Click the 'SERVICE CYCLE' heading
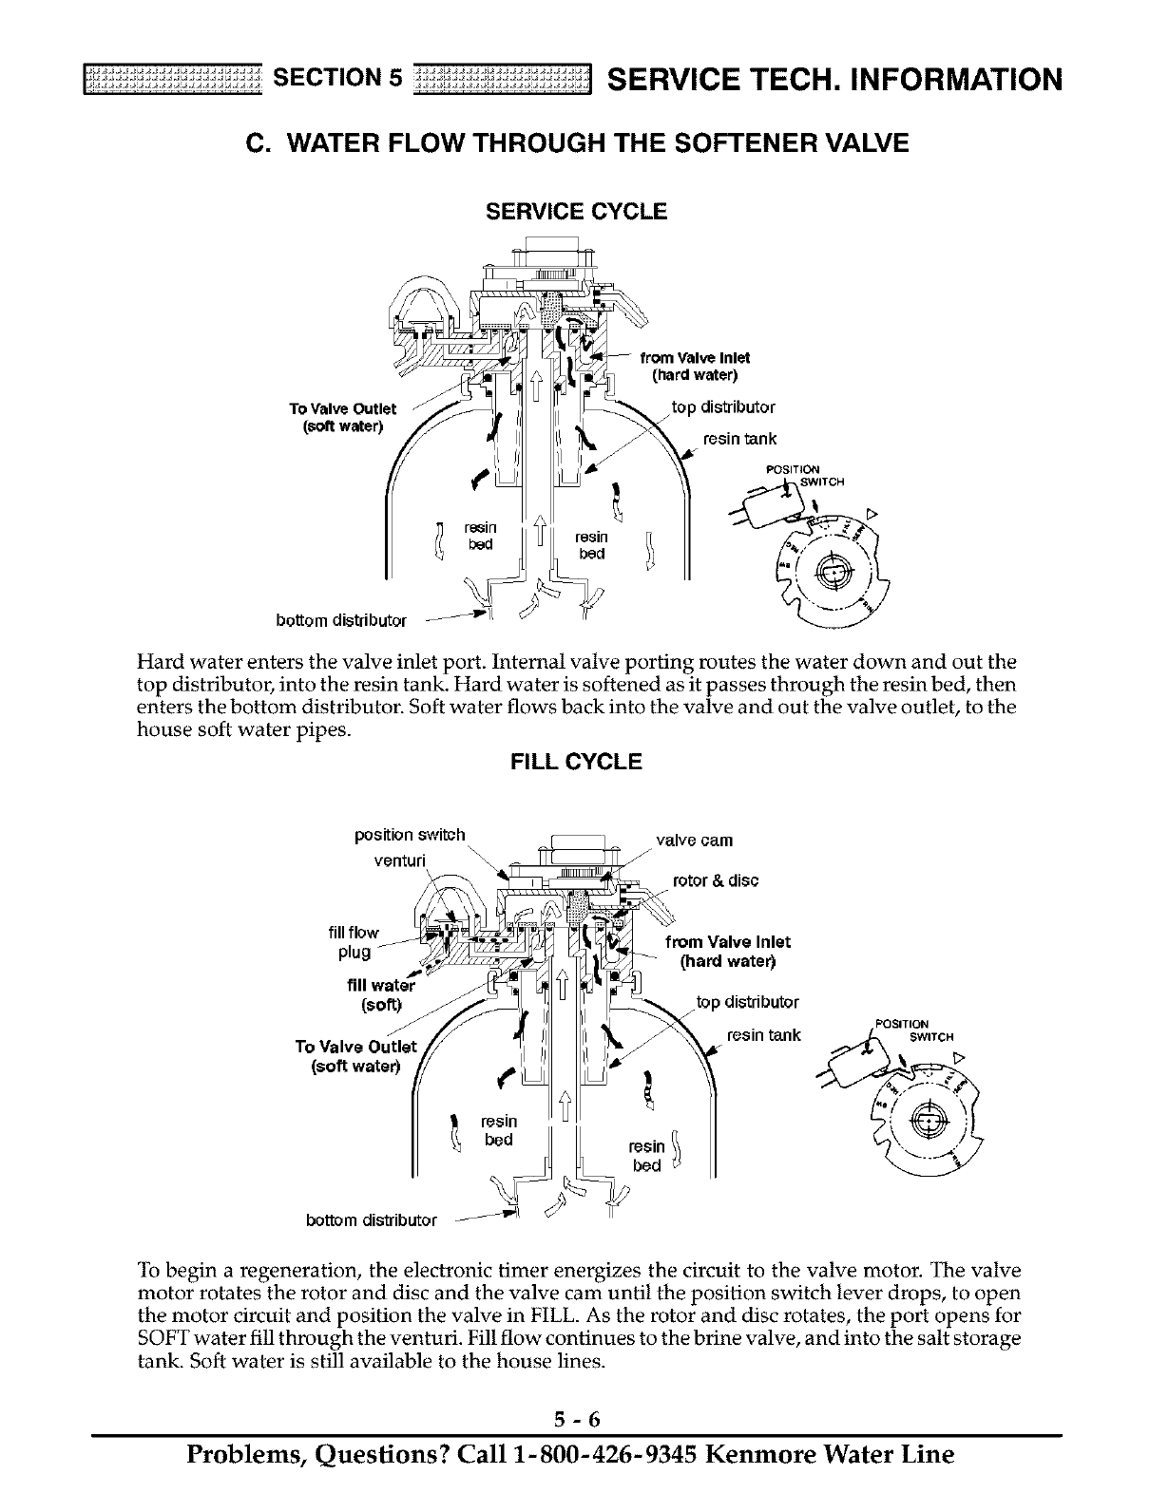[576, 212]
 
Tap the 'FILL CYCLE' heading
[576, 762]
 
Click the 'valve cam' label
[695, 841]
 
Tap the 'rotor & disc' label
[715, 880]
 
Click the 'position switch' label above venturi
[410, 835]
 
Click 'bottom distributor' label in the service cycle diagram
[340, 622]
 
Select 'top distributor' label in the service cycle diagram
[723, 407]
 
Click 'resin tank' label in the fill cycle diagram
[764, 1034]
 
